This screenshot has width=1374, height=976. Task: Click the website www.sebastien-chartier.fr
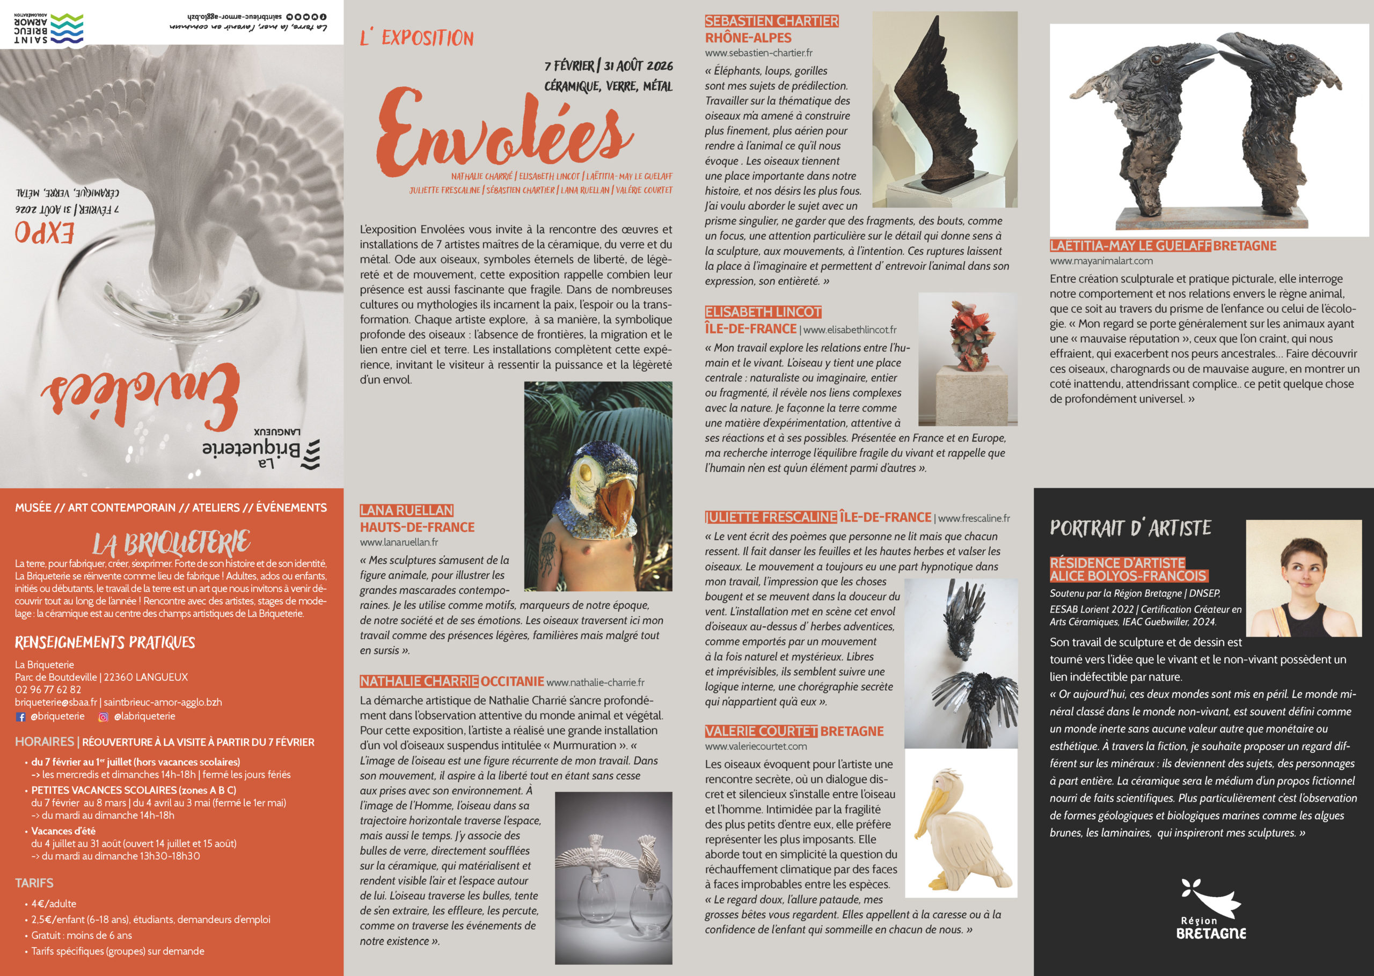pos(758,53)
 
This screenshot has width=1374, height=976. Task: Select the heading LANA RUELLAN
pos(406,510)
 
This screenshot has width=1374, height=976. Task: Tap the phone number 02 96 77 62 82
pos(48,689)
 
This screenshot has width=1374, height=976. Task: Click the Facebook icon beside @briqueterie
pos(20,716)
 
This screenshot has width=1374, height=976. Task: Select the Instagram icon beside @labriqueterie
pos(104,716)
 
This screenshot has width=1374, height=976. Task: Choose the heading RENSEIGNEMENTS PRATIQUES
pos(105,642)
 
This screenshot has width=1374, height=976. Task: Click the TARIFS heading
pos(34,883)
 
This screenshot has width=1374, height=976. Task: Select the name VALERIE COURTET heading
pos(761,731)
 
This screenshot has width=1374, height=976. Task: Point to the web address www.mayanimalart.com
pos(1101,261)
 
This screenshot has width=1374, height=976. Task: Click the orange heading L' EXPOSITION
pos(416,38)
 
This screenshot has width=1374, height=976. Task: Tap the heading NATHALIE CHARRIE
pos(419,681)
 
